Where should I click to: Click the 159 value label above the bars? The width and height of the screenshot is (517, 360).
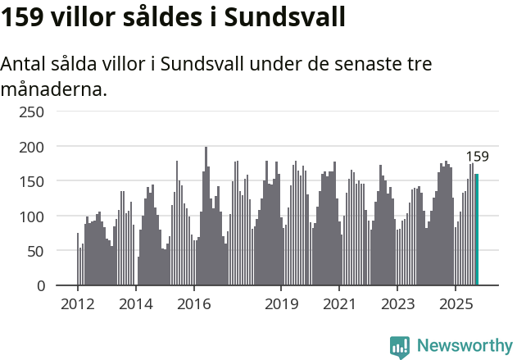click(x=477, y=157)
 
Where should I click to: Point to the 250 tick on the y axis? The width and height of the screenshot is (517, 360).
click(x=32, y=111)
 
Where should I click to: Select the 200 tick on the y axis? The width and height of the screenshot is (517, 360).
click(x=32, y=146)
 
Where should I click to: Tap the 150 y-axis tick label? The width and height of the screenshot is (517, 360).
click(x=32, y=180)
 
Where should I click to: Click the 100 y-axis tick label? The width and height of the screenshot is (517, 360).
click(x=32, y=216)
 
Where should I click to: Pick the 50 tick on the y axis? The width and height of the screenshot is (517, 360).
click(x=36, y=251)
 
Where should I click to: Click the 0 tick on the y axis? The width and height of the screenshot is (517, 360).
click(x=40, y=285)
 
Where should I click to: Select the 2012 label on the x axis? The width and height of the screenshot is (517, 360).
click(x=78, y=305)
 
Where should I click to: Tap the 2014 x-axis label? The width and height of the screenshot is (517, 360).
click(x=136, y=305)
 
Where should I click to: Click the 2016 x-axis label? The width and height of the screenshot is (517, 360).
click(x=193, y=305)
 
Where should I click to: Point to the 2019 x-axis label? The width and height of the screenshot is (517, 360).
click(x=281, y=305)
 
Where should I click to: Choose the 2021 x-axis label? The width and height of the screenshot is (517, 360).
click(x=338, y=305)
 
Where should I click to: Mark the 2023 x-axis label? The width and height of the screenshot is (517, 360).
click(x=397, y=305)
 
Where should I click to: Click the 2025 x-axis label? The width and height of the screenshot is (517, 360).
click(x=455, y=305)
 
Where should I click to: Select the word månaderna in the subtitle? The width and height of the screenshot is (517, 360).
click(x=53, y=89)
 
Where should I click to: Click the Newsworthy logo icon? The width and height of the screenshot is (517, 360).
click(x=400, y=346)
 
